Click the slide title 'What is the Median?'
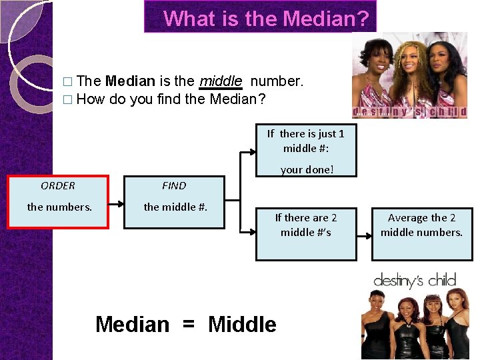[x=265, y=18]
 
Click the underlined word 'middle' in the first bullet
[x=221, y=81]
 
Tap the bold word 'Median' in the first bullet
[x=130, y=81]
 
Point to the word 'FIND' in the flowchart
[x=174, y=186]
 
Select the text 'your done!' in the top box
[x=307, y=169]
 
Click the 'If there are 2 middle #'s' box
[x=306, y=225]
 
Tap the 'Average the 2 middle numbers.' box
[x=421, y=225]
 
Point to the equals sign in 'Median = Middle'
[x=189, y=325]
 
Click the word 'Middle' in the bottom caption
[x=242, y=325]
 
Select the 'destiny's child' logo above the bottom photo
[x=414, y=280]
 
